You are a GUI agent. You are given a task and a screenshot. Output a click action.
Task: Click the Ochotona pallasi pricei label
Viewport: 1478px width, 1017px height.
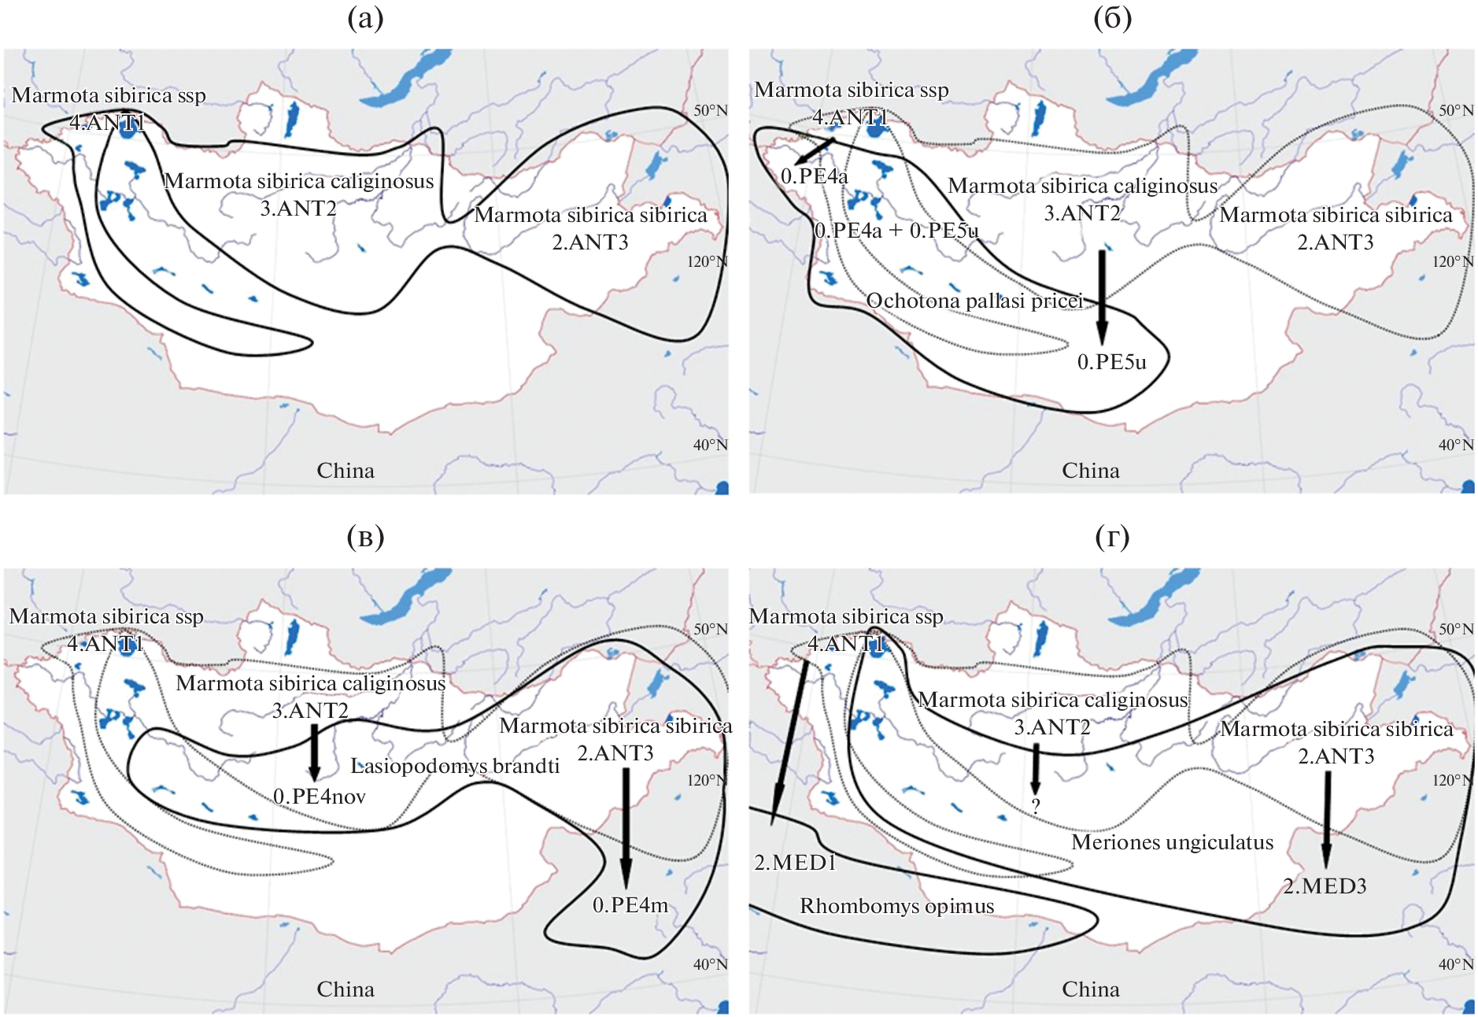tap(974, 301)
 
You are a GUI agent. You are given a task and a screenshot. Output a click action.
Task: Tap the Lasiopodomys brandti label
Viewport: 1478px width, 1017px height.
tap(455, 766)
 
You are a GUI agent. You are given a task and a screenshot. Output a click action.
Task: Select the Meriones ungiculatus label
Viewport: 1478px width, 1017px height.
tap(1172, 842)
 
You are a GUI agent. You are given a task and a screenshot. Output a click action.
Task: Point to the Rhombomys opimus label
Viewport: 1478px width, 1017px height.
tap(897, 906)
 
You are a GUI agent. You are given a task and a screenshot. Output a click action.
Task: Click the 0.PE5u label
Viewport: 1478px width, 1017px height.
tap(1111, 362)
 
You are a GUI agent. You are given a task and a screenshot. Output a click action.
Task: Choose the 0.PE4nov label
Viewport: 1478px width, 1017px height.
tap(320, 797)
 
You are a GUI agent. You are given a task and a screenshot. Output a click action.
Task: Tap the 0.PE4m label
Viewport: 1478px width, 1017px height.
tap(630, 905)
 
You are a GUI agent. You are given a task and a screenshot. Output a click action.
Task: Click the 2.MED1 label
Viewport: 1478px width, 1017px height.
tap(795, 863)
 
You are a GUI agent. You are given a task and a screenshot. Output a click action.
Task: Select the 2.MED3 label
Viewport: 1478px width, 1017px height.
tap(1325, 886)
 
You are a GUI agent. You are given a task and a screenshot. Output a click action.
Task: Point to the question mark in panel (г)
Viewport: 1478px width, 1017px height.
tap(1036, 806)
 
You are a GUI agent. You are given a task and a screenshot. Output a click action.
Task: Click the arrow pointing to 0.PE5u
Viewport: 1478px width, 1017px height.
tap(1102, 298)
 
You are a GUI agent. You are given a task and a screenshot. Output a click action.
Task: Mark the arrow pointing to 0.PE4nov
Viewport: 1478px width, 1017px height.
tap(314, 753)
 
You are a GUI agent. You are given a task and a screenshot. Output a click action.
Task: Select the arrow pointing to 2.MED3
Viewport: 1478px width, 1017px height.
tap(1327, 819)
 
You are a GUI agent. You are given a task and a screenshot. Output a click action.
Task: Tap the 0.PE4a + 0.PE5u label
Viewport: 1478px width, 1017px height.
tap(896, 231)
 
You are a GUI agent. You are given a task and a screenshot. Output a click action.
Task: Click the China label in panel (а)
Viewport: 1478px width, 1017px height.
tap(345, 471)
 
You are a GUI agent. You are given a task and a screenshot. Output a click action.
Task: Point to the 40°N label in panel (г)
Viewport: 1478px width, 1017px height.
tap(1456, 964)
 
